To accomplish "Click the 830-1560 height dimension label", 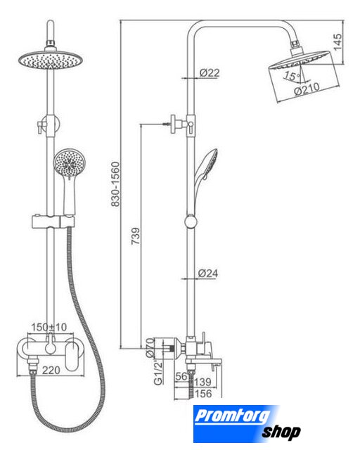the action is pos(115,184).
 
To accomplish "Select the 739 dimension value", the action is pos(136,236).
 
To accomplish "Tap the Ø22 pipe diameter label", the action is pos(210,73).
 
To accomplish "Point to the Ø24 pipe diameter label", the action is pos(208,274).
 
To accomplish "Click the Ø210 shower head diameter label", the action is pos(307,89).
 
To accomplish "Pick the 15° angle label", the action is pos(292,76).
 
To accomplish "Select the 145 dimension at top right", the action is pos(338,42).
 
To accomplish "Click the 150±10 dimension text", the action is pos(49,327).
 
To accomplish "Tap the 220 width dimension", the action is pos(51,371).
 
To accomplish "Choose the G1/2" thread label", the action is pos(158,373).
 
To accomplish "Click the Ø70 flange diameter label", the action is pos(150,348).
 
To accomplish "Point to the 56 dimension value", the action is pos(181,376).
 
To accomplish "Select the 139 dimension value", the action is pos(202,382).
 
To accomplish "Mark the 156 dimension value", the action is pos(203,394).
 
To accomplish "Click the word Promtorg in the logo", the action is pos(233,416).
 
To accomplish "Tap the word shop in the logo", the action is pos(281,432).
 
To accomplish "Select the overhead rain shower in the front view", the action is pos(51,60).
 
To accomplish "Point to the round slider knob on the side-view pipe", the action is pos(191,222).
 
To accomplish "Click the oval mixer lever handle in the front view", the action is pos(72,356).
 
